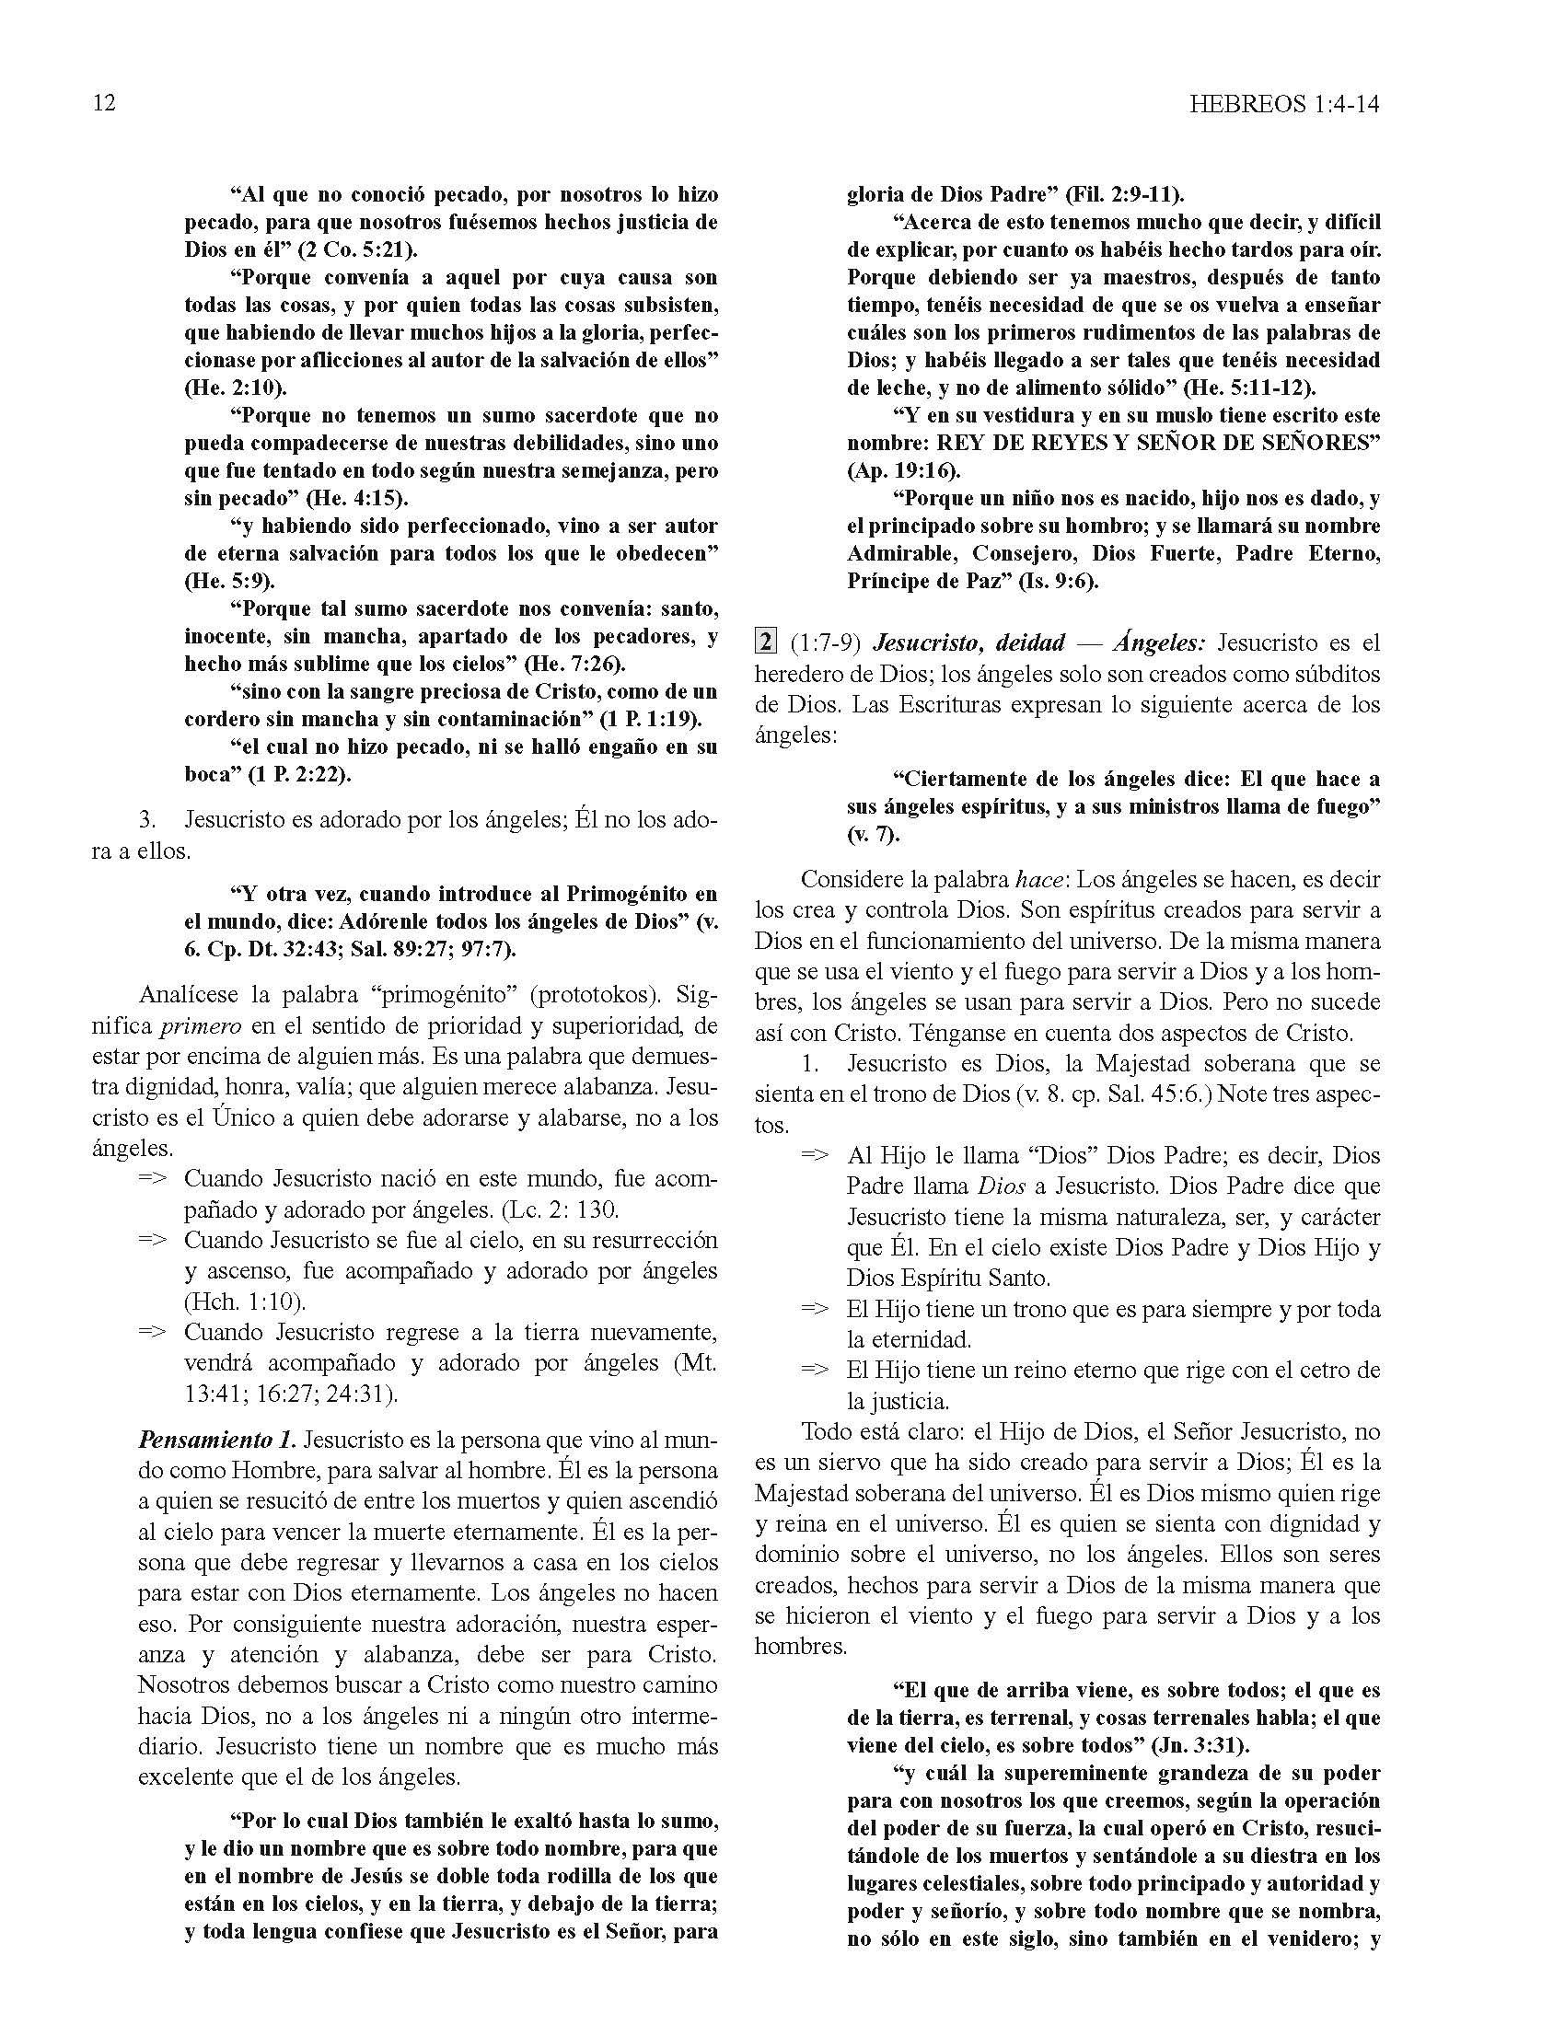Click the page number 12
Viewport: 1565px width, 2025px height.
(104, 103)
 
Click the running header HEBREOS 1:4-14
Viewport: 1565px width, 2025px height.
(1283, 104)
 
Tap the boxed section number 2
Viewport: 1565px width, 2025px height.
(765, 642)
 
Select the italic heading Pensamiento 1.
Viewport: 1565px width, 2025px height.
(217, 1440)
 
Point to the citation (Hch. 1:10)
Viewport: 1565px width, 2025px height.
(245, 1301)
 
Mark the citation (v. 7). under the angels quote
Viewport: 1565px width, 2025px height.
(874, 834)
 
